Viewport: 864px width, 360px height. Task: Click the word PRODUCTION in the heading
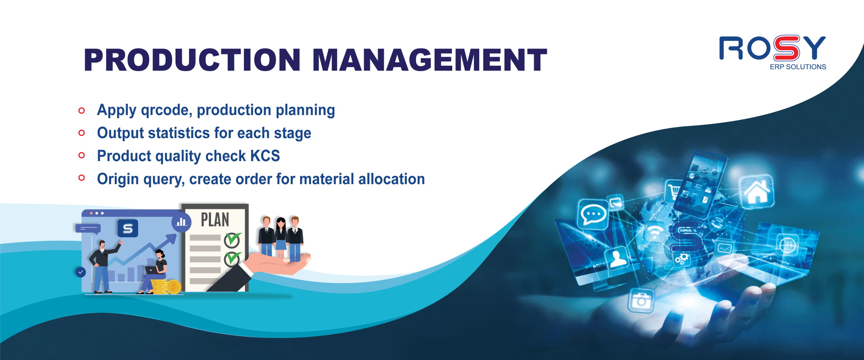[192, 60]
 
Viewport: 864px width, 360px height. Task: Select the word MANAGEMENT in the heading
[430, 60]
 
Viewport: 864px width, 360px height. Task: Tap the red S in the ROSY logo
[786, 48]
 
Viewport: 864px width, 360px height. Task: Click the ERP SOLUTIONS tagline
[798, 67]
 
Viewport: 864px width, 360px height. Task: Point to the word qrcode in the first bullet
[166, 110]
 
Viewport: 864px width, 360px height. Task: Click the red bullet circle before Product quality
[81, 155]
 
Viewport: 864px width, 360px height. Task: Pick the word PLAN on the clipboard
[215, 220]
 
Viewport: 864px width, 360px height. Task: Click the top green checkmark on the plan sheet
[233, 240]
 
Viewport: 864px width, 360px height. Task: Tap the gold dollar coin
[174, 287]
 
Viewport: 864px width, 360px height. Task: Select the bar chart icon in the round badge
[181, 222]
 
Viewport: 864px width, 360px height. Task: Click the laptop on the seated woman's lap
[152, 270]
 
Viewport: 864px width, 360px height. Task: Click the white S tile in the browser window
[128, 228]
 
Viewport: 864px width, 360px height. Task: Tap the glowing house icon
[757, 192]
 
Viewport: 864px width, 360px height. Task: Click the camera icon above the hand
[641, 300]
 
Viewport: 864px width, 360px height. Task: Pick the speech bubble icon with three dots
[593, 214]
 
